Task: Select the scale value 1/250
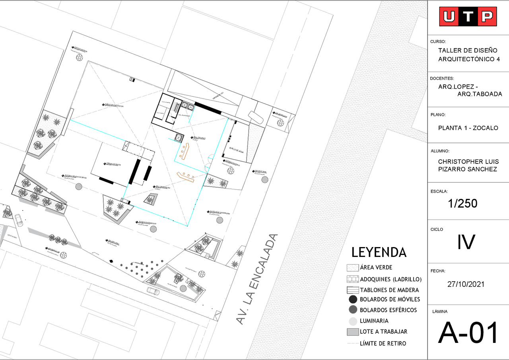coord(462,204)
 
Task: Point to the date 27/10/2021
coord(466,284)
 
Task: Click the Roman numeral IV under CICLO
coord(466,242)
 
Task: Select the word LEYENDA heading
coord(379,252)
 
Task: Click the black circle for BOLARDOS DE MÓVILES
coord(353,300)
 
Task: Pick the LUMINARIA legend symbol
coord(353,321)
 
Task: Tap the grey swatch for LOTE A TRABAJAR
coord(353,332)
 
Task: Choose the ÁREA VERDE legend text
coord(376,268)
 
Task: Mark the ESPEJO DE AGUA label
coord(236,150)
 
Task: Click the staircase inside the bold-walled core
coord(175,107)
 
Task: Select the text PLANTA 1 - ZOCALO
coord(468,128)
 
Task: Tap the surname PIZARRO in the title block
coord(451,169)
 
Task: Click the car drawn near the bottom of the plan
coord(153,291)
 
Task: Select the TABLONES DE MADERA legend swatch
coord(353,290)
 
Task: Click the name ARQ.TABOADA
coord(480,94)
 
